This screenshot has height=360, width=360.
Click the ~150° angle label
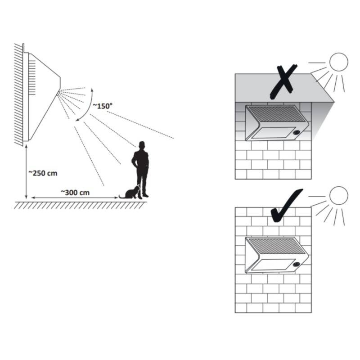(103, 106)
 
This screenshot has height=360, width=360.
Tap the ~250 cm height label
(43, 173)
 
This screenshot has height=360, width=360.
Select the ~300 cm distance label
(75, 193)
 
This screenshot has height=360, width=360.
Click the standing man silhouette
(140, 169)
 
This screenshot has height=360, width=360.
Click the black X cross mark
(283, 82)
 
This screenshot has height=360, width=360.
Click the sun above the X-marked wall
(339, 62)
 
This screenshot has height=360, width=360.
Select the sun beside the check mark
(339, 196)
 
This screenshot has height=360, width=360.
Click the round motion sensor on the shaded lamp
(297, 133)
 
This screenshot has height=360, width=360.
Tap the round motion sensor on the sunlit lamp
(297, 265)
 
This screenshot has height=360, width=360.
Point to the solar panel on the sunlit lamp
(277, 248)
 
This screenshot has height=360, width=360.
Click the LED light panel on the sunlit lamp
(274, 265)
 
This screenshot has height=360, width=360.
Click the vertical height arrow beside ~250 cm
(26, 171)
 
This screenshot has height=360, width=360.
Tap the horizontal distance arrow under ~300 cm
(75, 198)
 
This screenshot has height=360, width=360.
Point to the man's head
(142, 144)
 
